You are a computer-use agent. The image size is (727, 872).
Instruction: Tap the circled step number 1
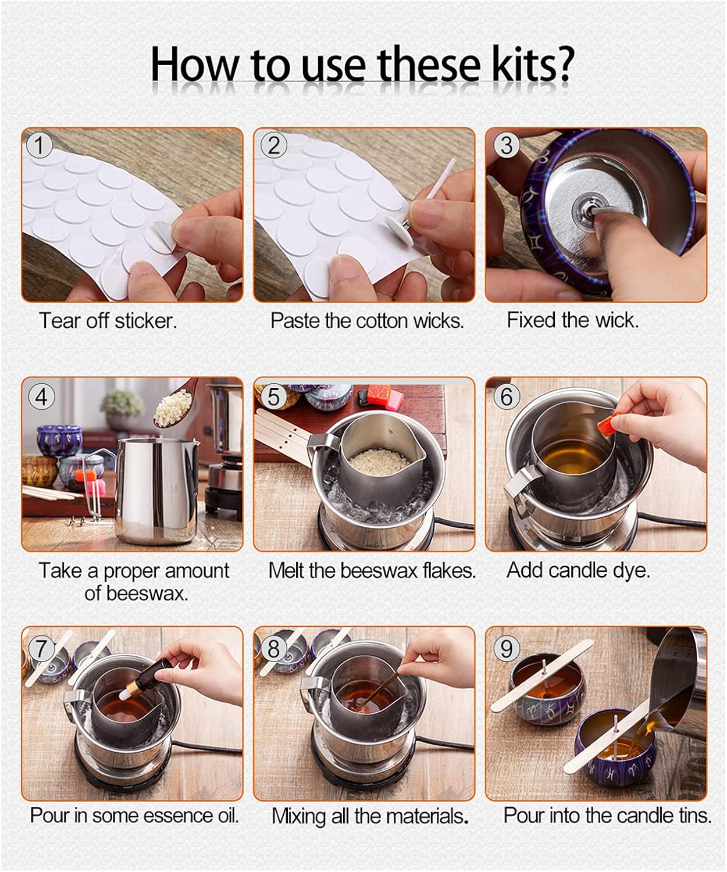(40, 145)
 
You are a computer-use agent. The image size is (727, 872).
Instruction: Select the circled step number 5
(273, 397)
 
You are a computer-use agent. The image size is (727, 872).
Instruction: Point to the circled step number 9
(507, 647)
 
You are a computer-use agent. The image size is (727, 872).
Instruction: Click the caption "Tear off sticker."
(108, 320)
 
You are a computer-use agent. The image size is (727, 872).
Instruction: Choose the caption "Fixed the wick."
(572, 320)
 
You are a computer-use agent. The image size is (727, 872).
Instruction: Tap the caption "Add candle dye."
(578, 570)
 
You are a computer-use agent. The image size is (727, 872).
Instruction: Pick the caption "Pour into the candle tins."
(607, 815)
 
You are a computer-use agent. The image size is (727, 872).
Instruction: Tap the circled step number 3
(507, 145)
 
